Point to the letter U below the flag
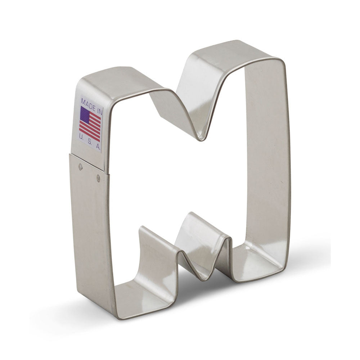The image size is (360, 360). pos(81,136)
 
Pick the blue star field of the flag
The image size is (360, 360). pos(85,114)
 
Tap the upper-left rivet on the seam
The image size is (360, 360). pos(80,166)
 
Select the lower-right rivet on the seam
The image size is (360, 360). pos(98,177)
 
